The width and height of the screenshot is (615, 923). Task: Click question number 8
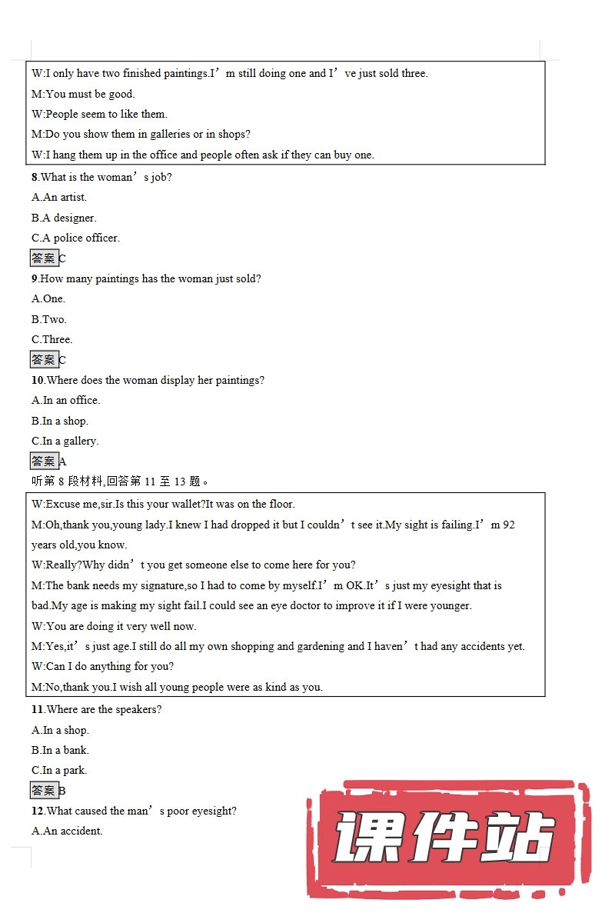(x=35, y=177)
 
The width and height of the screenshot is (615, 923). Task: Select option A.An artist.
(x=59, y=198)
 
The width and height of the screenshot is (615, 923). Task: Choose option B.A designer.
(x=64, y=218)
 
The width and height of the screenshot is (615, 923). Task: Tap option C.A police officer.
(x=75, y=238)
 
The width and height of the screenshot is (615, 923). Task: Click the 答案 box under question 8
(x=44, y=258)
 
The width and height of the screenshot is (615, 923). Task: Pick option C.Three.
(x=52, y=339)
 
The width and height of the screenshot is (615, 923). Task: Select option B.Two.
(x=48, y=319)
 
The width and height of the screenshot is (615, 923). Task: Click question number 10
(x=38, y=380)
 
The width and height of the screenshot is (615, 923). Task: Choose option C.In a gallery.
(x=65, y=441)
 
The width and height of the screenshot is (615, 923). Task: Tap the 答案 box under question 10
(x=44, y=461)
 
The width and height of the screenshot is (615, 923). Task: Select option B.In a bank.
(x=60, y=750)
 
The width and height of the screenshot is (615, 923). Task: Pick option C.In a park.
(x=59, y=770)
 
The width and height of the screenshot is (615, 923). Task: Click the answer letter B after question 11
(x=62, y=791)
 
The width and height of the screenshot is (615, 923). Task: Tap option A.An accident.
(x=67, y=831)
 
